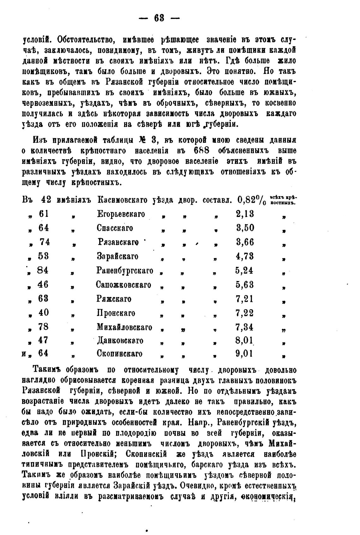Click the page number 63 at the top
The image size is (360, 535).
[159, 18]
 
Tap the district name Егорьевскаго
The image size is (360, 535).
[121, 214]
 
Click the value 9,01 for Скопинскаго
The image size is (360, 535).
[244, 353]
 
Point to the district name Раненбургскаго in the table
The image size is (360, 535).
[125, 271]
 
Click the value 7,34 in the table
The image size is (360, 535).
[244, 327]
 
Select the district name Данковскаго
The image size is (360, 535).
[120, 341]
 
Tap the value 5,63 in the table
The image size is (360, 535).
[244, 285]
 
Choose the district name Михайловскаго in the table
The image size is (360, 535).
[124, 327]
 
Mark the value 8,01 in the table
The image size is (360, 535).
[244, 341]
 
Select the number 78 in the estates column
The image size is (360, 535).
[43, 327]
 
